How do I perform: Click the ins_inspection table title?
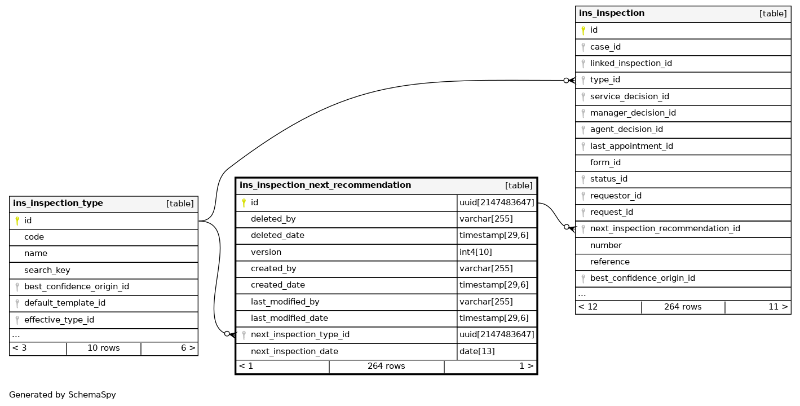click(612, 14)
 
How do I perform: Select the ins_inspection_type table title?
click(58, 204)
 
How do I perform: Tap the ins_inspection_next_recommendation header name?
click(325, 186)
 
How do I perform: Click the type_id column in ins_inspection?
click(605, 80)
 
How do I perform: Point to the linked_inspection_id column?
click(630, 63)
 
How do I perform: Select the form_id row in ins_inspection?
click(605, 162)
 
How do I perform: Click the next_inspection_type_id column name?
click(300, 334)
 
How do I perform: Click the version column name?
click(266, 252)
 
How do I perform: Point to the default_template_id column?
click(64, 303)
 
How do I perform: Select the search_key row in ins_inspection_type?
click(47, 270)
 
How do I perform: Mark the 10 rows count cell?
click(103, 348)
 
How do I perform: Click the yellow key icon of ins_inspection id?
click(583, 30)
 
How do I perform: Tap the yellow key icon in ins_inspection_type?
click(17, 220)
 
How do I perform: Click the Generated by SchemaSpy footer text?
click(63, 395)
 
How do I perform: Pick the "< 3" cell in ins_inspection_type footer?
click(19, 348)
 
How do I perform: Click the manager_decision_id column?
click(633, 113)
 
